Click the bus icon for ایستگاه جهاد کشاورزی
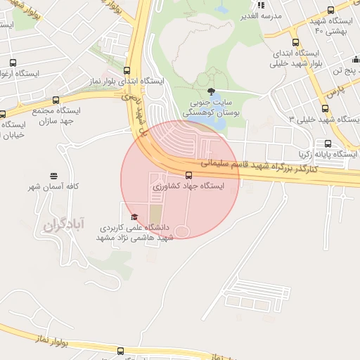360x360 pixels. coord(188,175)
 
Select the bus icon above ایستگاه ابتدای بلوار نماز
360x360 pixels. coord(127,70)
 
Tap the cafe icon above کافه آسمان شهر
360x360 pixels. coord(53,176)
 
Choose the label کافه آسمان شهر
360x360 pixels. coord(53,187)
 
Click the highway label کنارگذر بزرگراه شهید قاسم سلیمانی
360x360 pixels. coord(258,166)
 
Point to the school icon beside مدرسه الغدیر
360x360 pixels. coord(260,6)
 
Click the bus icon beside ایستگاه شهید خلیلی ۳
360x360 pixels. coord(325,108)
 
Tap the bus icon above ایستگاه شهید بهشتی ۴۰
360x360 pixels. coord(330,10)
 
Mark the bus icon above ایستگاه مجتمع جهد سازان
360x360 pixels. coord(56,101)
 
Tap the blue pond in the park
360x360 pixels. coord(217,117)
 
